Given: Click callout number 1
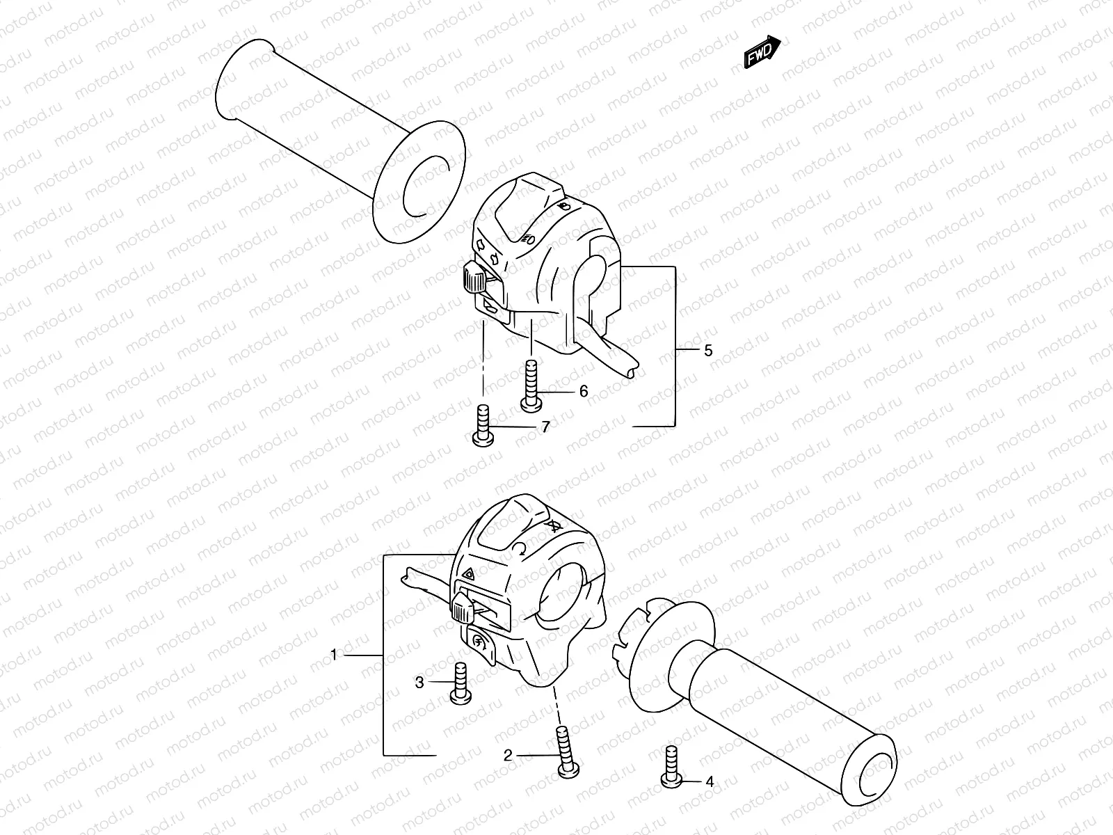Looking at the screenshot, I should [x=334, y=655].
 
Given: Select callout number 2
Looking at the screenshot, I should [x=508, y=755].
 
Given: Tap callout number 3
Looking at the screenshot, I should [x=419, y=683].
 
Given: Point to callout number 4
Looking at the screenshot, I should [x=709, y=782].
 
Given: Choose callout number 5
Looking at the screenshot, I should [x=708, y=350].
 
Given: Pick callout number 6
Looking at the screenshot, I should [x=583, y=391].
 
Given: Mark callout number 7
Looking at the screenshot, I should [x=545, y=427].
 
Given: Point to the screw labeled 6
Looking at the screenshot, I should [x=531, y=382].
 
